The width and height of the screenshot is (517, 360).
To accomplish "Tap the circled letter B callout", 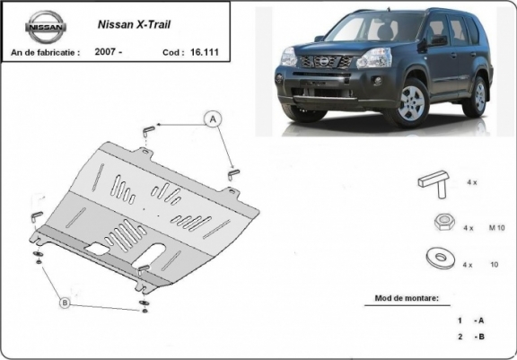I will click(x=64, y=303).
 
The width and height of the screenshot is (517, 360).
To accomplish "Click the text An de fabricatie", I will click(x=44, y=52).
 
